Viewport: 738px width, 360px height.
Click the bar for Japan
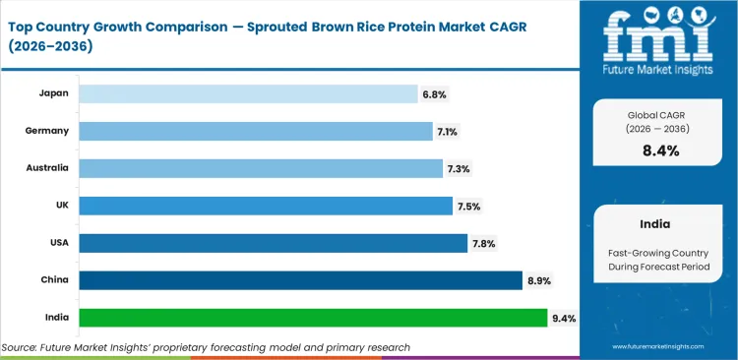(248, 93)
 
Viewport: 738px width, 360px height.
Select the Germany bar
(255, 131)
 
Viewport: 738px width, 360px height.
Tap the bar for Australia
(261, 168)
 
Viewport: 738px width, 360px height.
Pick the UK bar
(266, 206)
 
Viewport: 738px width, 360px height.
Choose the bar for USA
(273, 243)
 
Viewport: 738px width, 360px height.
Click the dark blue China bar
(300, 280)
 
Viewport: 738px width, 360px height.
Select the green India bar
(313, 318)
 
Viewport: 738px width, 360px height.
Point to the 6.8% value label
(434, 94)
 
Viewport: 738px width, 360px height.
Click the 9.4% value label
(563, 319)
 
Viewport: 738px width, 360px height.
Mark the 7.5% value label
(468, 207)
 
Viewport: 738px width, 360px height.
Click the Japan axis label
(52, 93)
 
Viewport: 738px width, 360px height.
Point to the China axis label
(53, 280)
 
